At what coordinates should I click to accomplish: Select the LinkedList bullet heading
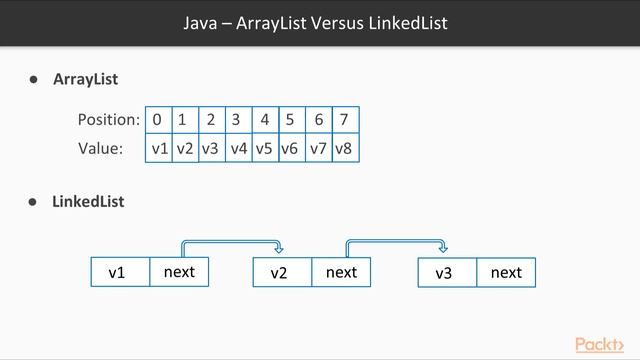tap(88, 201)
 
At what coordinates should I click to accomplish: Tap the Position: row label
tap(108, 120)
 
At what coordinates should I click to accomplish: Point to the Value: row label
tap(100, 148)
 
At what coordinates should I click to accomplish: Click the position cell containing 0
tap(158, 120)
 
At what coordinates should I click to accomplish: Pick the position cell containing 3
tap(236, 120)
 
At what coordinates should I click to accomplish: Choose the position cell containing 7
tap(344, 120)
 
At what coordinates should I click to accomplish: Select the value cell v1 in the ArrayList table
tap(158, 148)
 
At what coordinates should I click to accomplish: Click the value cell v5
tap(264, 148)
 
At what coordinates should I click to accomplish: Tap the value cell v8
tap(344, 148)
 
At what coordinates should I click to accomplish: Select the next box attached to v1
tap(179, 271)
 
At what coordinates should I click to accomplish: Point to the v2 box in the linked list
tap(282, 272)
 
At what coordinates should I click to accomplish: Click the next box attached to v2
tap(341, 271)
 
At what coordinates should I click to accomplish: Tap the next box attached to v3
tap(506, 272)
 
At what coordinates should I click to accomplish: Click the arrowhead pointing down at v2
tap(279, 250)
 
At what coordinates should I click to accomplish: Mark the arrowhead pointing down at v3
tap(443, 250)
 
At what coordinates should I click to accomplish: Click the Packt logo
tap(606, 345)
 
